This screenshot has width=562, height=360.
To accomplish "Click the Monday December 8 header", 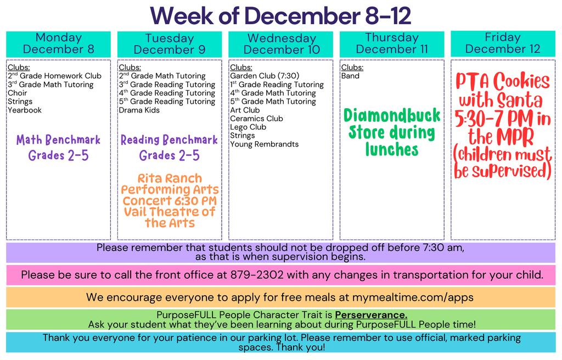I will click(58, 43).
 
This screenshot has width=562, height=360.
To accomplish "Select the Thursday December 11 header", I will click(392, 43).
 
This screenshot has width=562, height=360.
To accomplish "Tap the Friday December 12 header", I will click(503, 43).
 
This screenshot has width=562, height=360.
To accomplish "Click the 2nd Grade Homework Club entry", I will click(54, 76).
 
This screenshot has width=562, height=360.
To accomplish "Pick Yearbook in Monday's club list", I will click(24, 110).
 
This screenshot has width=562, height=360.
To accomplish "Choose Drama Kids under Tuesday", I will click(139, 110).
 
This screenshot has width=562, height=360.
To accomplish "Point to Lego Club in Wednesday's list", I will click(248, 127).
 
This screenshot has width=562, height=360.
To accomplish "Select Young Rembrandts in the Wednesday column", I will click(264, 144).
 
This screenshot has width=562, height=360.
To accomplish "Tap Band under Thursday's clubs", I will click(350, 76).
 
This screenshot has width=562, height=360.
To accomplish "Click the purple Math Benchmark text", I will click(58, 140).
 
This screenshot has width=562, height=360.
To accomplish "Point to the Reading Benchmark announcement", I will click(169, 140).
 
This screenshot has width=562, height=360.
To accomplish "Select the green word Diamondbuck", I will click(392, 116).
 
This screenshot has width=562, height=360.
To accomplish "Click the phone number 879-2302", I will click(257, 274).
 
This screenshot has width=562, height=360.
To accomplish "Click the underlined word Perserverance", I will click(371, 315).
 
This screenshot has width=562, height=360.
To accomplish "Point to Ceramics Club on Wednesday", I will click(256, 119).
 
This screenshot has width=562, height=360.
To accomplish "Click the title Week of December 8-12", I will click(280, 15).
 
